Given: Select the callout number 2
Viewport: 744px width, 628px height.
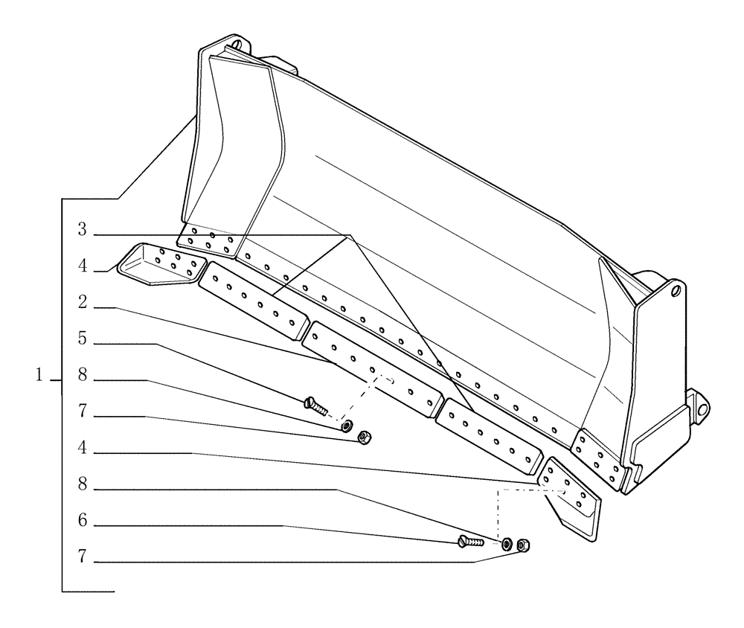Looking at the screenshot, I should (84, 303).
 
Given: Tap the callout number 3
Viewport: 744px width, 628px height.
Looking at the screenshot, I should (84, 231).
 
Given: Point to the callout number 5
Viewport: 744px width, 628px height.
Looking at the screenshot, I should (84, 339).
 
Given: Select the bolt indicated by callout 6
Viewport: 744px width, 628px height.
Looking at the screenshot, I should (472, 541).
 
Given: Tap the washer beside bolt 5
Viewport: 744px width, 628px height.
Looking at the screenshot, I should (346, 426).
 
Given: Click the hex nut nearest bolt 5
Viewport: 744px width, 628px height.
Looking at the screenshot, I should (364, 437).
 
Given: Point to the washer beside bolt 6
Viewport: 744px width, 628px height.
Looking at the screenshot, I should (507, 544).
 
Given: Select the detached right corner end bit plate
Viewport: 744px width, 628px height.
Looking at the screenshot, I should (571, 501).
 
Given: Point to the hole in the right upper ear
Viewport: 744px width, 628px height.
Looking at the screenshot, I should (675, 289).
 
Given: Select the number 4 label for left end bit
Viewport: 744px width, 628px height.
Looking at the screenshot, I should (84, 266).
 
